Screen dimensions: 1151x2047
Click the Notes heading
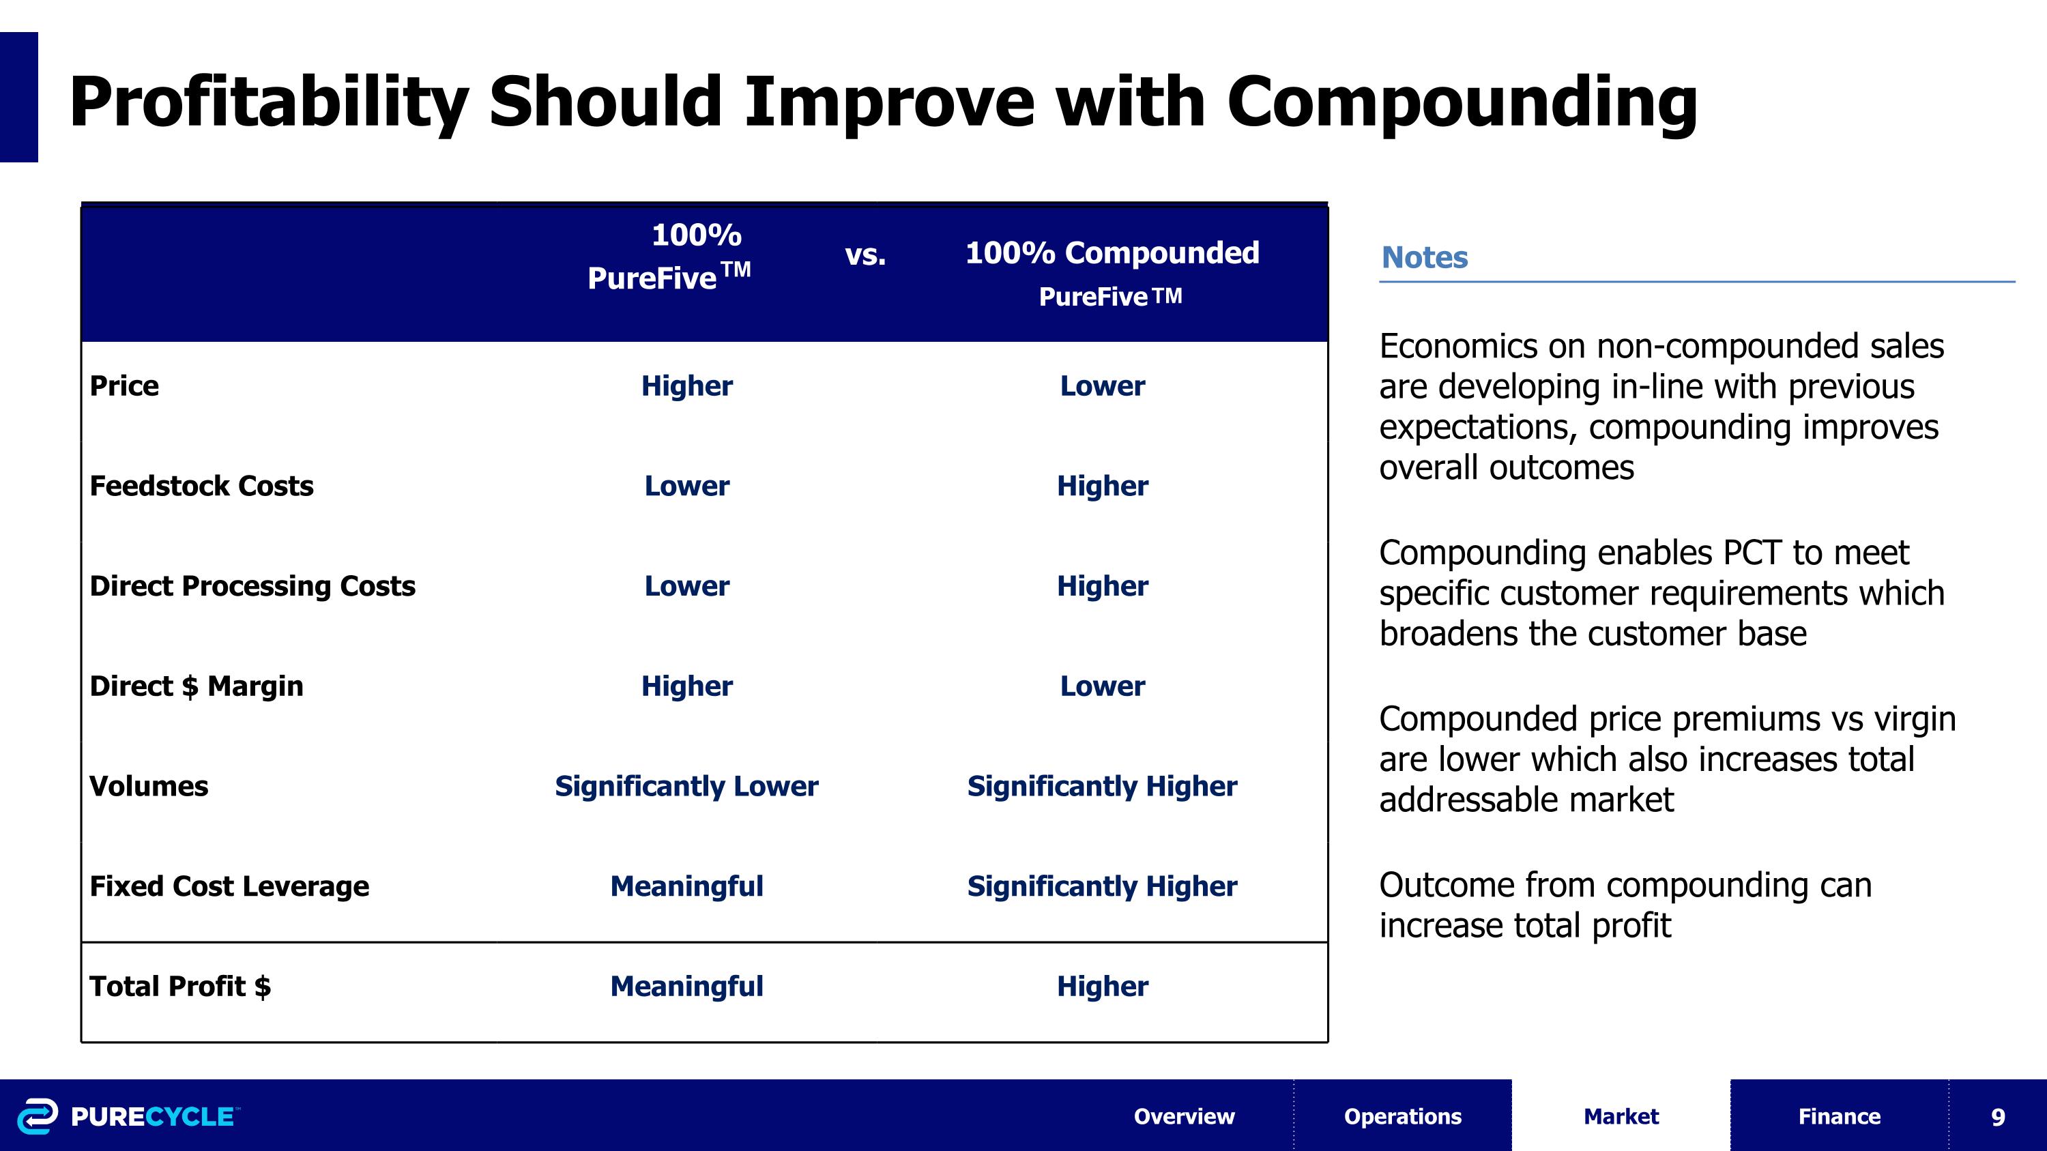1424,257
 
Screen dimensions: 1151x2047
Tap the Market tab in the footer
1621,1116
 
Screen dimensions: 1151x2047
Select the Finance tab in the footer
1839,1116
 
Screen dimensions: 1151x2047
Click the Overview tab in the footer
1183,1116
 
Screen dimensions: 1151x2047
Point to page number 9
1997,1117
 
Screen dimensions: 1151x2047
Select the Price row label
124,386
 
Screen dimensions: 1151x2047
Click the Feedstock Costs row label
201,486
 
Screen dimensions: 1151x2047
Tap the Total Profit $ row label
179,987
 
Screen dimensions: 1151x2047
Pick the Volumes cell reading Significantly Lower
686,787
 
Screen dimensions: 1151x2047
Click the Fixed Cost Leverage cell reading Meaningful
686,886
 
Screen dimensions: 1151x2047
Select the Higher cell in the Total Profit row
1101,987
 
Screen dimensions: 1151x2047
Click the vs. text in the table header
865,255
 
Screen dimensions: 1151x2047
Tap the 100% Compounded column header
1111,253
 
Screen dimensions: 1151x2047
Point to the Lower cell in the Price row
1101,386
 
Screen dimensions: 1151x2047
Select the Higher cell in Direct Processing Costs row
1101,586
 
